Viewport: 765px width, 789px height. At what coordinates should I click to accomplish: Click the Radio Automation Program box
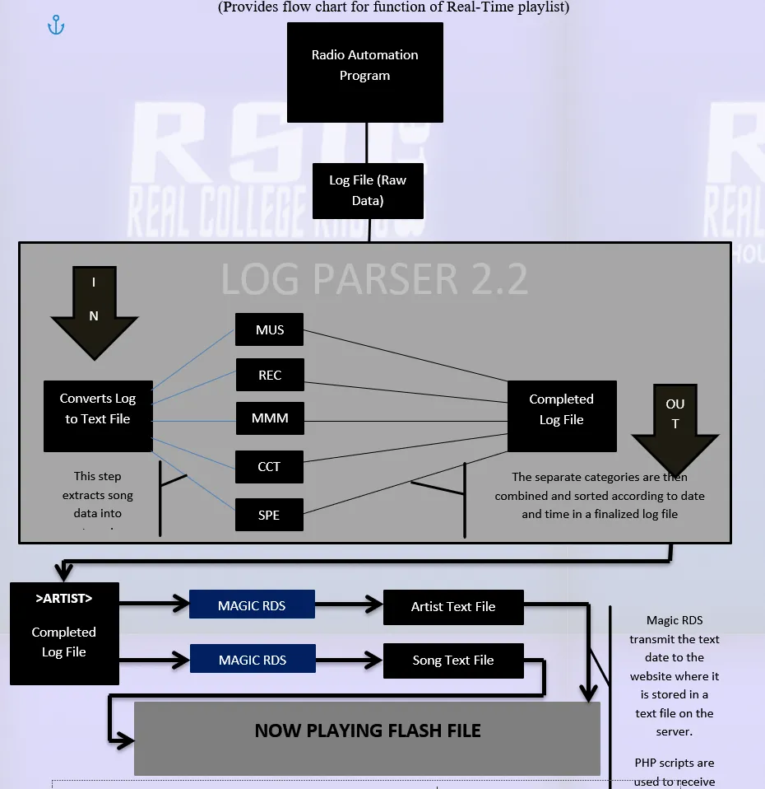tap(364, 72)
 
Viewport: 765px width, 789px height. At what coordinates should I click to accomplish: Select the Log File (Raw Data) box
tap(368, 190)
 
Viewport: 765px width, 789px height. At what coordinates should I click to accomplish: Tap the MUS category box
tap(269, 329)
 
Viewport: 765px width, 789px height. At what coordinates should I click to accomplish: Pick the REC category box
tap(270, 375)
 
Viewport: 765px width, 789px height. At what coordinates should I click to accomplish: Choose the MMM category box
tap(270, 418)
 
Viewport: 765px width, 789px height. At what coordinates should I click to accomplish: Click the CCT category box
tap(269, 466)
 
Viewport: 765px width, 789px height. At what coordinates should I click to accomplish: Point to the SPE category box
tap(269, 515)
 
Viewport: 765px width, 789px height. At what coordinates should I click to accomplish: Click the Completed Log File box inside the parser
tap(561, 409)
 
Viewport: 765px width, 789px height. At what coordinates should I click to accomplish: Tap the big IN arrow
tap(94, 309)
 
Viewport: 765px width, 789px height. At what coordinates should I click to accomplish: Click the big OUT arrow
tap(675, 424)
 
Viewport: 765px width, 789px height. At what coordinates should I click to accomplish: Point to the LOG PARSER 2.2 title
tap(374, 280)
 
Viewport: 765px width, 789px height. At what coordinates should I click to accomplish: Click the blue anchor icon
tap(56, 26)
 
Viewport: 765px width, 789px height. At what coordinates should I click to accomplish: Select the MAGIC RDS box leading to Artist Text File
tap(252, 605)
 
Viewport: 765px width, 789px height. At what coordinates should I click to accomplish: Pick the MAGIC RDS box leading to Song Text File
tap(253, 660)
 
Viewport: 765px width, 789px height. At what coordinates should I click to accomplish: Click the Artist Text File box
tap(453, 607)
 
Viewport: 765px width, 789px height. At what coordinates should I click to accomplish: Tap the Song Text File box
tap(453, 661)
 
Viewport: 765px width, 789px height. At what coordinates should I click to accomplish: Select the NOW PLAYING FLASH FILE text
tap(368, 731)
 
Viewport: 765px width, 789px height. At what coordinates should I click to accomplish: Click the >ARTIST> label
tap(64, 599)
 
